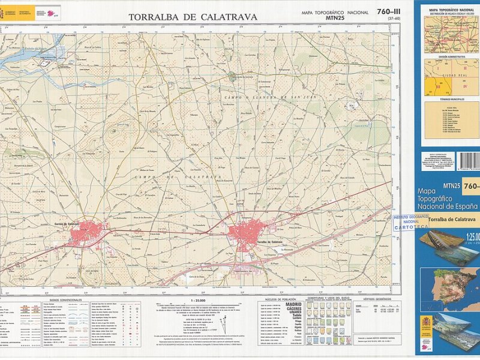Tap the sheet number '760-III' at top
[389, 11]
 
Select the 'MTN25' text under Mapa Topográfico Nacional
[334, 19]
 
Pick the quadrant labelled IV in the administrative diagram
[466, 86]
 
